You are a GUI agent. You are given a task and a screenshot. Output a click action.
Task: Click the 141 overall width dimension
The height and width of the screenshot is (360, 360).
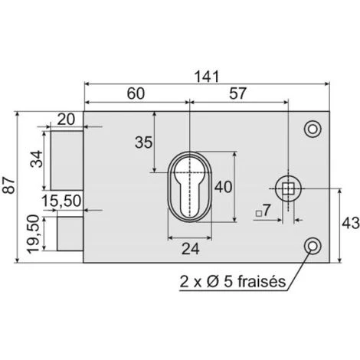coord(207,77)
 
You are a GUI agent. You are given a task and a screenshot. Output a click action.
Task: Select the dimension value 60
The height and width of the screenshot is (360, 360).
coord(136,93)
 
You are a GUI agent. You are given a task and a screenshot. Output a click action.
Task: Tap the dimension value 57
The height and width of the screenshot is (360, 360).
coord(237,93)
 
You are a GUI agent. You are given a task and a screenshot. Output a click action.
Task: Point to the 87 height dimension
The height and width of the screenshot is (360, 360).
coord(9,185)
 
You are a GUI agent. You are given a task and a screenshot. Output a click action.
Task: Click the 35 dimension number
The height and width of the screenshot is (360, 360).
coord(143,142)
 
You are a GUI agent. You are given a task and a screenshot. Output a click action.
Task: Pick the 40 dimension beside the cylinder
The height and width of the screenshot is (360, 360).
coord(223,187)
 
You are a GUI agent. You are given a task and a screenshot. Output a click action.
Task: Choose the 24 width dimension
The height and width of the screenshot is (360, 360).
coord(191,249)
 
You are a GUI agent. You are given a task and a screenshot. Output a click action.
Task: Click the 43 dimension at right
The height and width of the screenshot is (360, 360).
coord(351,224)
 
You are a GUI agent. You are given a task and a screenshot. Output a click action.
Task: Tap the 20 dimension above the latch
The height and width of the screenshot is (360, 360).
coord(66,119)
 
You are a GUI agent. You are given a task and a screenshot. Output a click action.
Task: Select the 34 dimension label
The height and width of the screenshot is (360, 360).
coord(37,159)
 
